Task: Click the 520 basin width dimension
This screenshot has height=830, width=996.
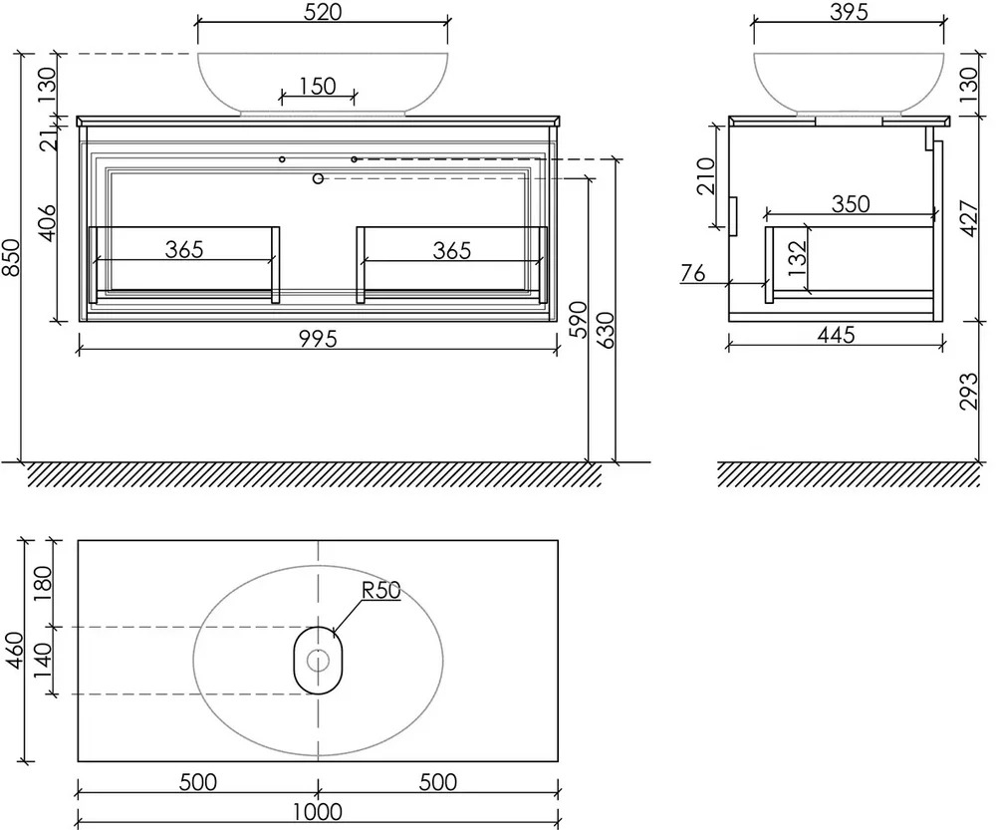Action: coord(323,12)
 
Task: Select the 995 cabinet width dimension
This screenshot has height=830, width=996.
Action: coord(318,339)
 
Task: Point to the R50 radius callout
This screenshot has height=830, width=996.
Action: coord(381,591)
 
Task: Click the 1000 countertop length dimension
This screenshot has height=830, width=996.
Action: coord(318,812)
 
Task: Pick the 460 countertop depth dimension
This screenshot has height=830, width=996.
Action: coord(14,650)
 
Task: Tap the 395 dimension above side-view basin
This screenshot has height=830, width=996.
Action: coord(850,12)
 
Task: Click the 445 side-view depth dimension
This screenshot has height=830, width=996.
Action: coord(836,335)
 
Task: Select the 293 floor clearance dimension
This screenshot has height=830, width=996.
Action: coord(969,391)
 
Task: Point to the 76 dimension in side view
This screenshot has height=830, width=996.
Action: coord(693,273)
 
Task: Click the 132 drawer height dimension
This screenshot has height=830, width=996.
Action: coord(797,258)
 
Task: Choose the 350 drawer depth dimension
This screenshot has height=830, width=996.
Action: coord(851,204)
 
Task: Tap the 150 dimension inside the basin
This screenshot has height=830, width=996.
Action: coord(318,86)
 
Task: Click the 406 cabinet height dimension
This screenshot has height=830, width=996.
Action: coord(48,223)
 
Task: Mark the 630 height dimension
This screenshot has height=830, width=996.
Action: coord(607,330)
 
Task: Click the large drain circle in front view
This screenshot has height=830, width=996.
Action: coord(319,178)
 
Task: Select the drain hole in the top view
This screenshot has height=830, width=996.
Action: coord(318,661)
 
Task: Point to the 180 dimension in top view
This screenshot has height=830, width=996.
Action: coord(42,583)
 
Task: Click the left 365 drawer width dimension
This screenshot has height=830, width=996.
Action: coord(184,250)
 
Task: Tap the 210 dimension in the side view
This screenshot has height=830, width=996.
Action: coord(706,176)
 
